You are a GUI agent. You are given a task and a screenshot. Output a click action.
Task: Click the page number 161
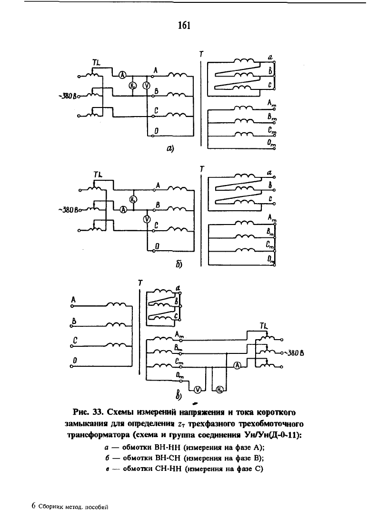click(x=184, y=25)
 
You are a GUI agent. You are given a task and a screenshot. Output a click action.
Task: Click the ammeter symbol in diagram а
click(x=122, y=75)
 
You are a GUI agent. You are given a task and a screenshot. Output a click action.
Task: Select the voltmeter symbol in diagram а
click(x=147, y=86)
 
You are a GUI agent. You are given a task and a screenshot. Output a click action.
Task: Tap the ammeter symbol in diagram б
click(x=124, y=209)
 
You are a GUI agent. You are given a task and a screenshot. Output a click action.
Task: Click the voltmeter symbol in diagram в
click(x=198, y=389)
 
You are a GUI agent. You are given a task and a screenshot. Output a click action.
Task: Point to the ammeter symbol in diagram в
click(x=238, y=365)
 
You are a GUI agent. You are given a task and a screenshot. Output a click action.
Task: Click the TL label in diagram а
click(x=97, y=63)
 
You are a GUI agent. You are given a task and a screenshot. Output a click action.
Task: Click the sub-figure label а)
click(x=170, y=148)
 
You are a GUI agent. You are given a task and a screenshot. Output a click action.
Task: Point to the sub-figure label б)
click(x=179, y=264)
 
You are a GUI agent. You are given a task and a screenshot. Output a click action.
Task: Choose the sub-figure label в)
click(x=179, y=395)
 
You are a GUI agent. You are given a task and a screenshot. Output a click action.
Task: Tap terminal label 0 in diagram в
click(x=75, y=361)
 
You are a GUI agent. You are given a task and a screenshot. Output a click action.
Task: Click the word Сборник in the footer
click(x=50, y=507)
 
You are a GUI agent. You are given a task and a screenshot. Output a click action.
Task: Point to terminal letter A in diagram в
click(x=73, y=300)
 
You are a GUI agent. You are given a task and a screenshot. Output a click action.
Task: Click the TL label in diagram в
click(x=265, y=326)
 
